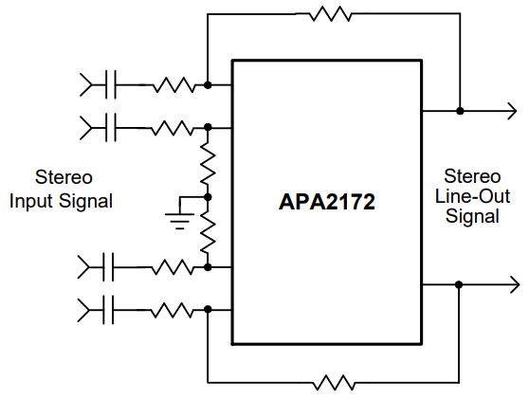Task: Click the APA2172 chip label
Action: pos(326,202)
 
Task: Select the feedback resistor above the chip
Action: pos(331,14)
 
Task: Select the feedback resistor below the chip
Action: pos(334,383)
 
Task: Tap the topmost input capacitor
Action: pos(111,84)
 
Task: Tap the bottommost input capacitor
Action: pos(108,310)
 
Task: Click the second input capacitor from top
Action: pos(111,128)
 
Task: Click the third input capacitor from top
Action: pos(108,266)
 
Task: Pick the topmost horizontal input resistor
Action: pos(174,84)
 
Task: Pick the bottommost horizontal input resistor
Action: pos(172,310)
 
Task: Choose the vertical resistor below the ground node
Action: pos(208,233)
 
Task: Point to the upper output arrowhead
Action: pos(512,111)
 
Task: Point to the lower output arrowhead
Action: pos(515,284)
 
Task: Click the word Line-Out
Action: pos(472,196)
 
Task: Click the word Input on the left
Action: pos(31,202)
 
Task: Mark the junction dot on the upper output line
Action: pos(460,111)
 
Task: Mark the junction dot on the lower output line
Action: pos(459,284)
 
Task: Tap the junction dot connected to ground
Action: pos(208,197)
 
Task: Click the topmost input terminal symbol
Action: pos(85,84)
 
